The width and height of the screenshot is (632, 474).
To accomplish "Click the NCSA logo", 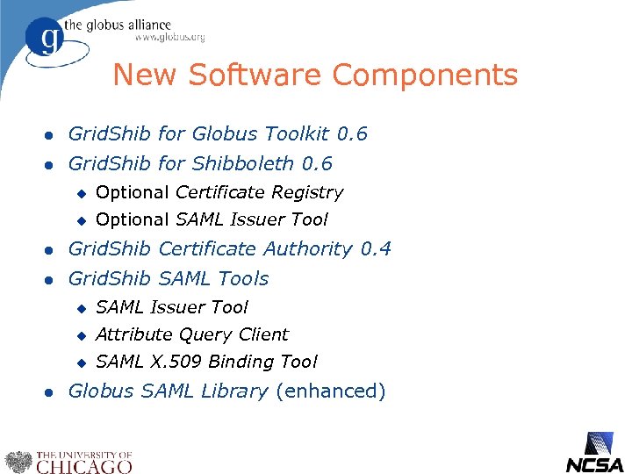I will [595, 453].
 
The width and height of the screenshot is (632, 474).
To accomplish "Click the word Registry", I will [307, 192].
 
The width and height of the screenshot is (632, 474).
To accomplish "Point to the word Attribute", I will [133, 334].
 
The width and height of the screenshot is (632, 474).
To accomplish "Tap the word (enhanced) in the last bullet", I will [330, 391].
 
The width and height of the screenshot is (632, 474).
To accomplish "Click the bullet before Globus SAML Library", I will [50, 392].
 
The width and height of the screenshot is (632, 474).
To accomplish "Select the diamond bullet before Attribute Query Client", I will [80, 335].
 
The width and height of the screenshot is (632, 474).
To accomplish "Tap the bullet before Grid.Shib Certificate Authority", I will [50, 250].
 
